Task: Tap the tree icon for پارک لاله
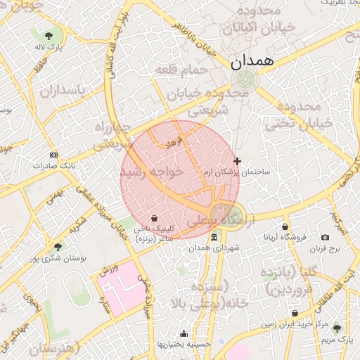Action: click(49, 35)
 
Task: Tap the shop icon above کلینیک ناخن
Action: click(154, 217)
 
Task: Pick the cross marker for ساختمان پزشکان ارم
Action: click(237, 161)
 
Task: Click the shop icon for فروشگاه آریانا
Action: click(285, 226)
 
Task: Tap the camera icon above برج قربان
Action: click(325, 238)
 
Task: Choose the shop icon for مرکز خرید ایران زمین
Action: click(295, 313)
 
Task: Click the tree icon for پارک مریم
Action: click(337, 327)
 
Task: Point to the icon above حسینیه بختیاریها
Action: click(184, 333)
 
